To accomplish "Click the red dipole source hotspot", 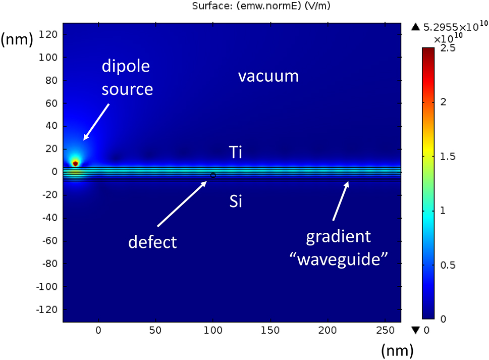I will pyautogui.click(x=75, y=163).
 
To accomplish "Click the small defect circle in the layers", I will pyautogui.click(x=213, y=175).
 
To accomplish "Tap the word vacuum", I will pyautogui.click(x=268, y=76).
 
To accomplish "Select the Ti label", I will pyautogui.click(x=235, y=152).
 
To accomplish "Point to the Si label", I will pyautogui.click(x=235, y=202).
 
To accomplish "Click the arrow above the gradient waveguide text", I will pyautogui.click(x=340, y=200).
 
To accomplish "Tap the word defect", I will pyautogui.click(x=152, y=242).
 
